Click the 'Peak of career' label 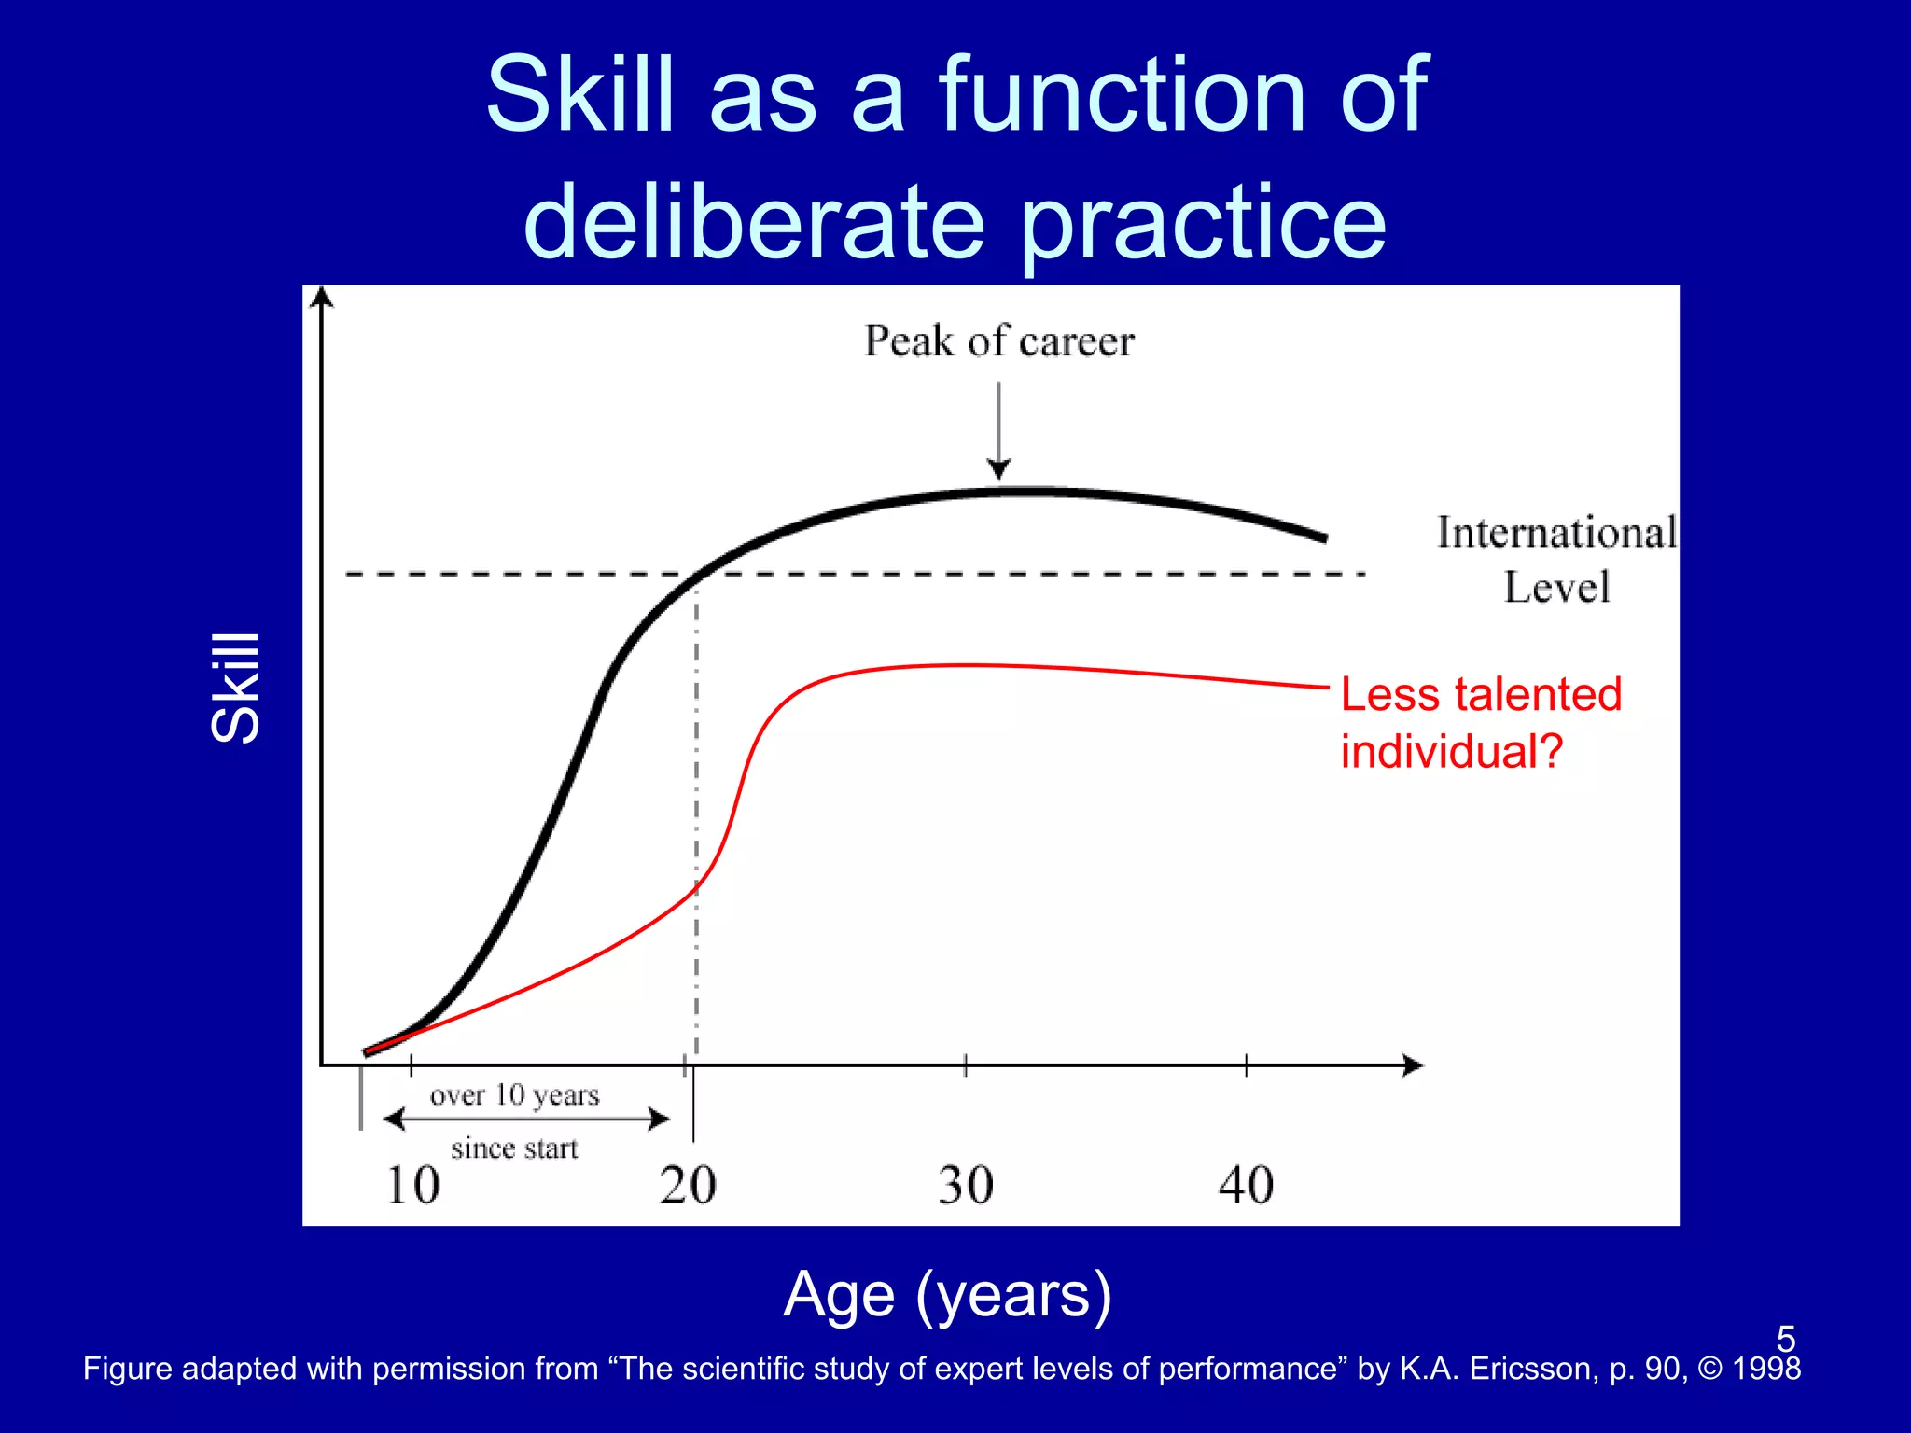[998, 341]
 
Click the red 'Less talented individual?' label [1481, 723]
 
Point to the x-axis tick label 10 [412, 1186]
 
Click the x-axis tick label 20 [688, 1186]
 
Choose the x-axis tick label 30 [966, 1186]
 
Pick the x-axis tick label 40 [1246, 1186]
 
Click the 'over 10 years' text [514, 1094]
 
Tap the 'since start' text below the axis [514, 1148]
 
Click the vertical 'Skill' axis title [235, 688]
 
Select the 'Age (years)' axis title [948, 1294]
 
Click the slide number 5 [1785, 1339]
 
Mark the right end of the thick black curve [1323, 537]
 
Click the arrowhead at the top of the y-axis [322, 297]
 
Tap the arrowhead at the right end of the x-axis [1413, 1065]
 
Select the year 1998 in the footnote [1765, 1369]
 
